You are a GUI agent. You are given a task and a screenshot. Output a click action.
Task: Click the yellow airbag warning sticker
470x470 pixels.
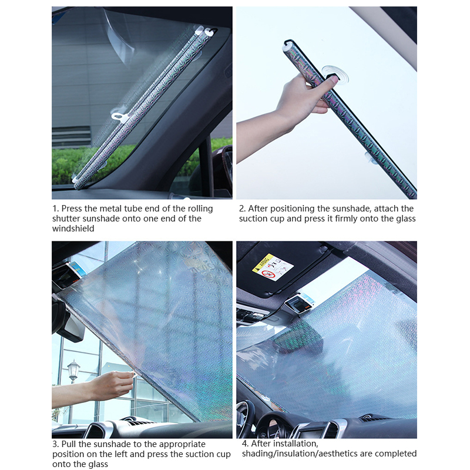click(273, 267)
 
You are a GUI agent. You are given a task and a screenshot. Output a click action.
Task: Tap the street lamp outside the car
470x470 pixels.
click(73, 372)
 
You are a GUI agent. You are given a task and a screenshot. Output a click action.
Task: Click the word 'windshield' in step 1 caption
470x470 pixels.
click(73, 229)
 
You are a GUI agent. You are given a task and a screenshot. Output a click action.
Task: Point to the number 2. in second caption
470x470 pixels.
click(242, 209)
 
